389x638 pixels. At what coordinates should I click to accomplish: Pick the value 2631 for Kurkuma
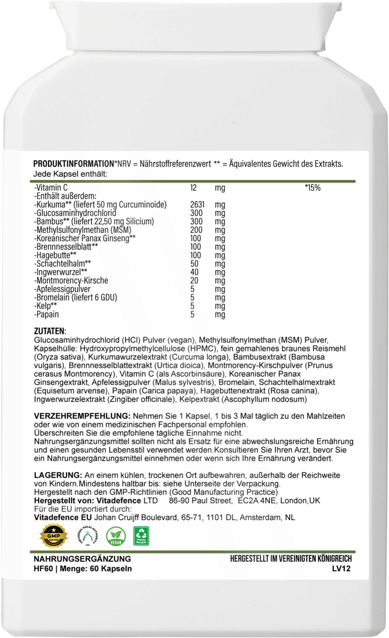point(197,205)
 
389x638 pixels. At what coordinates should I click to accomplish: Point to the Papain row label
point(46,314)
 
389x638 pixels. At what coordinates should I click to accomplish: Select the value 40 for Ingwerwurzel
point(194,272)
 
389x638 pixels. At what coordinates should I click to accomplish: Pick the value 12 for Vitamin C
point(193,188)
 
